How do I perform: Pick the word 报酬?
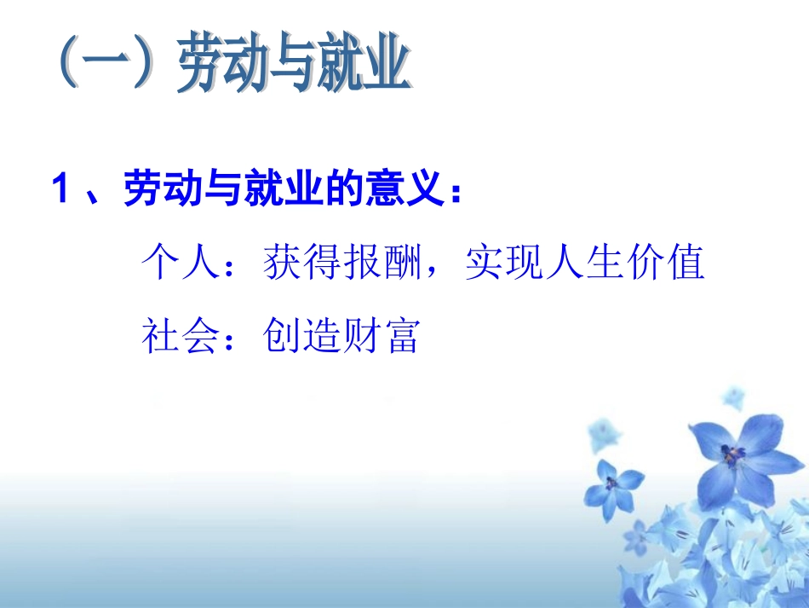(389, 263)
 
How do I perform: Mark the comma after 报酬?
(442, 273)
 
